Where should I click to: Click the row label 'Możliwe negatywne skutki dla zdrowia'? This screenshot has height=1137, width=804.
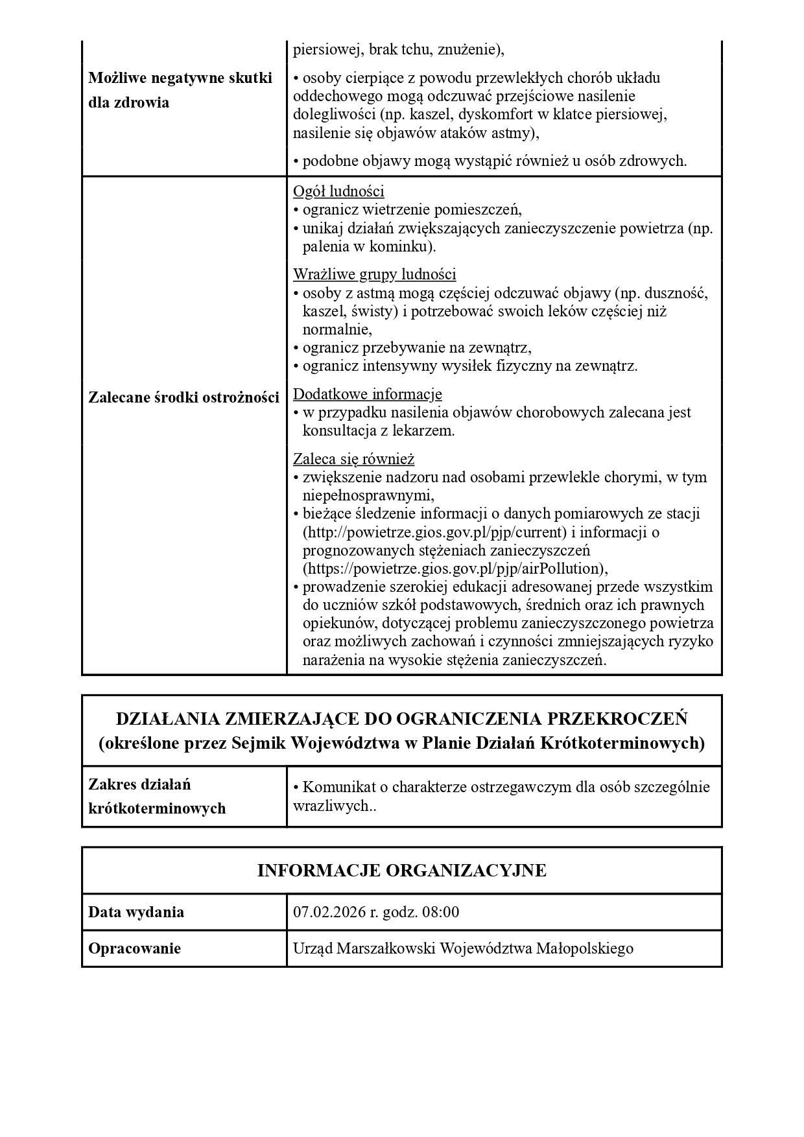click(x=180, y=90)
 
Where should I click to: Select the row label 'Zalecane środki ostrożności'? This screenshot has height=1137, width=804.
click(x=183, y=397)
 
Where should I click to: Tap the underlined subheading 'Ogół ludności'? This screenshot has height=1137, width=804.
click(x=338, y=191)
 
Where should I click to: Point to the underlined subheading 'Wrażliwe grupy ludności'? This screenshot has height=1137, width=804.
click(x=374, y=274)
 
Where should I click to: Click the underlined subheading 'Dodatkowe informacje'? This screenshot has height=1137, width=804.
click(x=367, y=394)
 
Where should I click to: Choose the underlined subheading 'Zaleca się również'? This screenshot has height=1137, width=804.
click(x=353, y=459)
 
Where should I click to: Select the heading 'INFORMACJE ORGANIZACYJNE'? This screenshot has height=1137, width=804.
click(x=401, y=870)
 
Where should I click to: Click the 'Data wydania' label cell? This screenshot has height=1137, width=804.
click(x=136, y=912)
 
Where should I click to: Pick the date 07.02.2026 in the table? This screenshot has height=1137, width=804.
click(x=329, y=912)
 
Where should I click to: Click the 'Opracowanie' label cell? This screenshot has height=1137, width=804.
click(x=134, y=948)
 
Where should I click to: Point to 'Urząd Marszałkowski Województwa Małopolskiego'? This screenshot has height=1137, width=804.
click(x=463, y=948)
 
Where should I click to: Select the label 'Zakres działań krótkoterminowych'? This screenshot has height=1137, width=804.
click(x=157, y=797)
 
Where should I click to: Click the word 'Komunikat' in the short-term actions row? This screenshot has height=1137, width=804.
click(x=335, y=787)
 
